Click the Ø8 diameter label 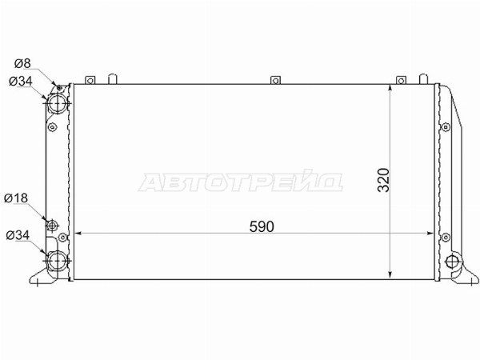[22, 63]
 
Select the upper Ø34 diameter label [21, 82]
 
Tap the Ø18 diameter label [16, 198]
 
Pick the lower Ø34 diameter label [18, 235]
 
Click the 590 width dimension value [262, 227]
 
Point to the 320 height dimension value [383, 180]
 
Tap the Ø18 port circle [52, 226]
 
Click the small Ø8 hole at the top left [59, 89]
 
